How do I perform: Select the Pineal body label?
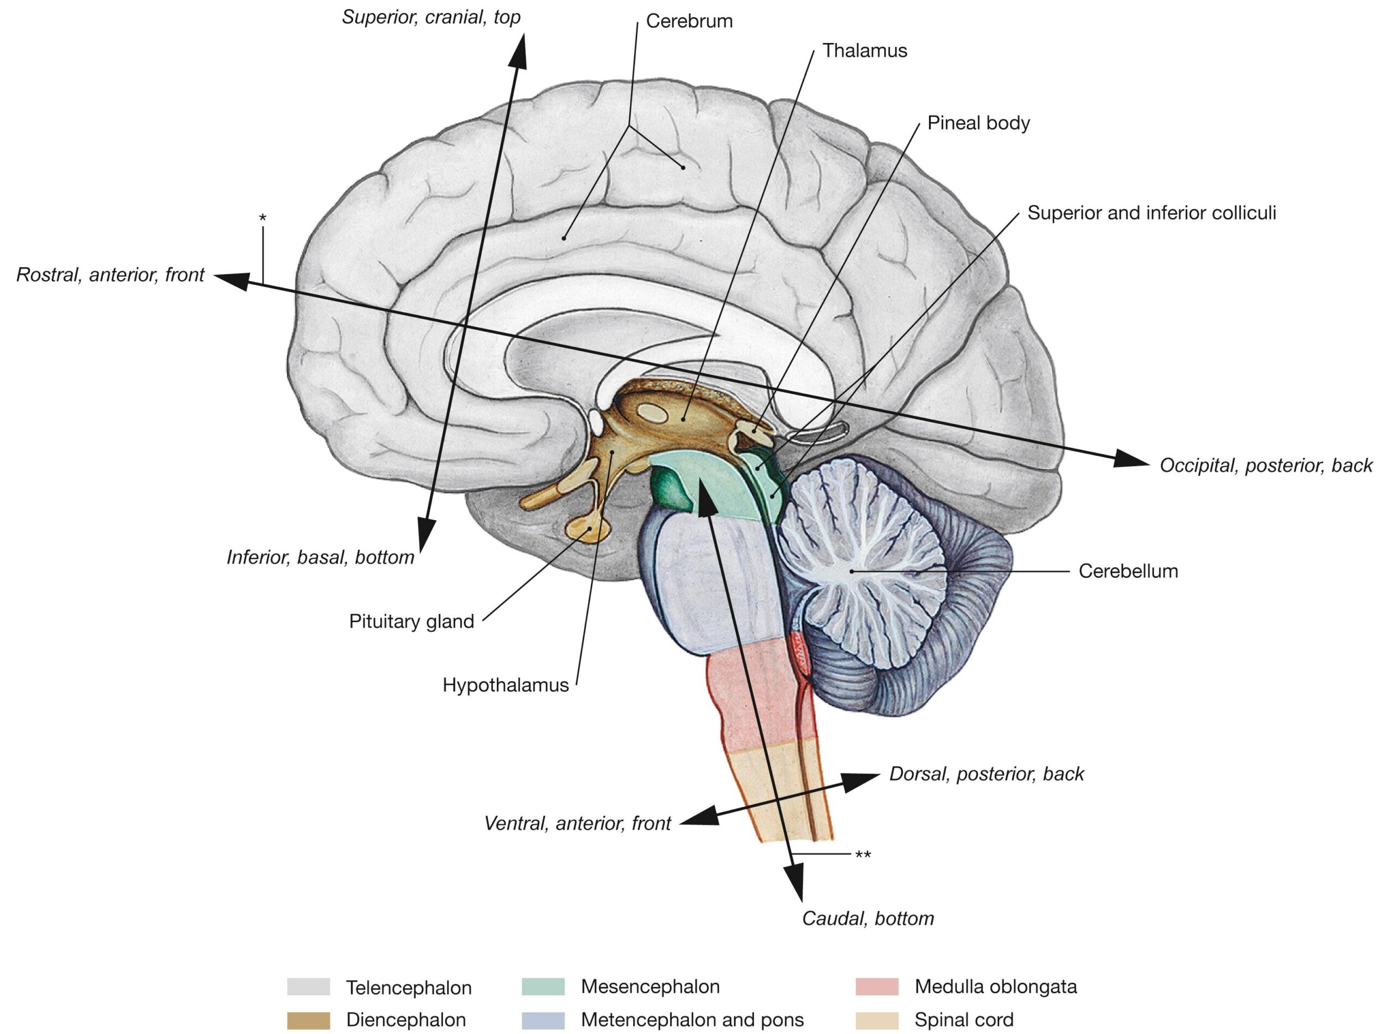click(x=978, y=123)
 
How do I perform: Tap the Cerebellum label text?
click(x=1128, y=571)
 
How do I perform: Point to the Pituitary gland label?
click(x=411, y=621)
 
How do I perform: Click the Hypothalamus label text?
click(x=506, y=685)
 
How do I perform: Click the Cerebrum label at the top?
click(x=689, y=21)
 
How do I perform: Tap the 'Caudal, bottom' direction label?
click(x=868, y=918)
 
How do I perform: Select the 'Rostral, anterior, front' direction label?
click(x=110, y=275)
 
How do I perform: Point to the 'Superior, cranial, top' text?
click(x=431, y=17)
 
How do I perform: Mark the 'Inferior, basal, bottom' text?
click(x=320, y=557)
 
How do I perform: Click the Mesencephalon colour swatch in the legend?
click(x=543, y=987)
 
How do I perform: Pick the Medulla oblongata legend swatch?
click(x=876, y=987)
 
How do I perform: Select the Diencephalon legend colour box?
click(x=308, y=1020)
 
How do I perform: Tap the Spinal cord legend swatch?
click(x=876, y=1020)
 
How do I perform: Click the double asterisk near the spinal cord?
click(x=863, y=855)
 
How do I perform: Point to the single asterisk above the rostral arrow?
click(x=263, y=218)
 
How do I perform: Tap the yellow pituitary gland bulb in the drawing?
click(x=588, y=529)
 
